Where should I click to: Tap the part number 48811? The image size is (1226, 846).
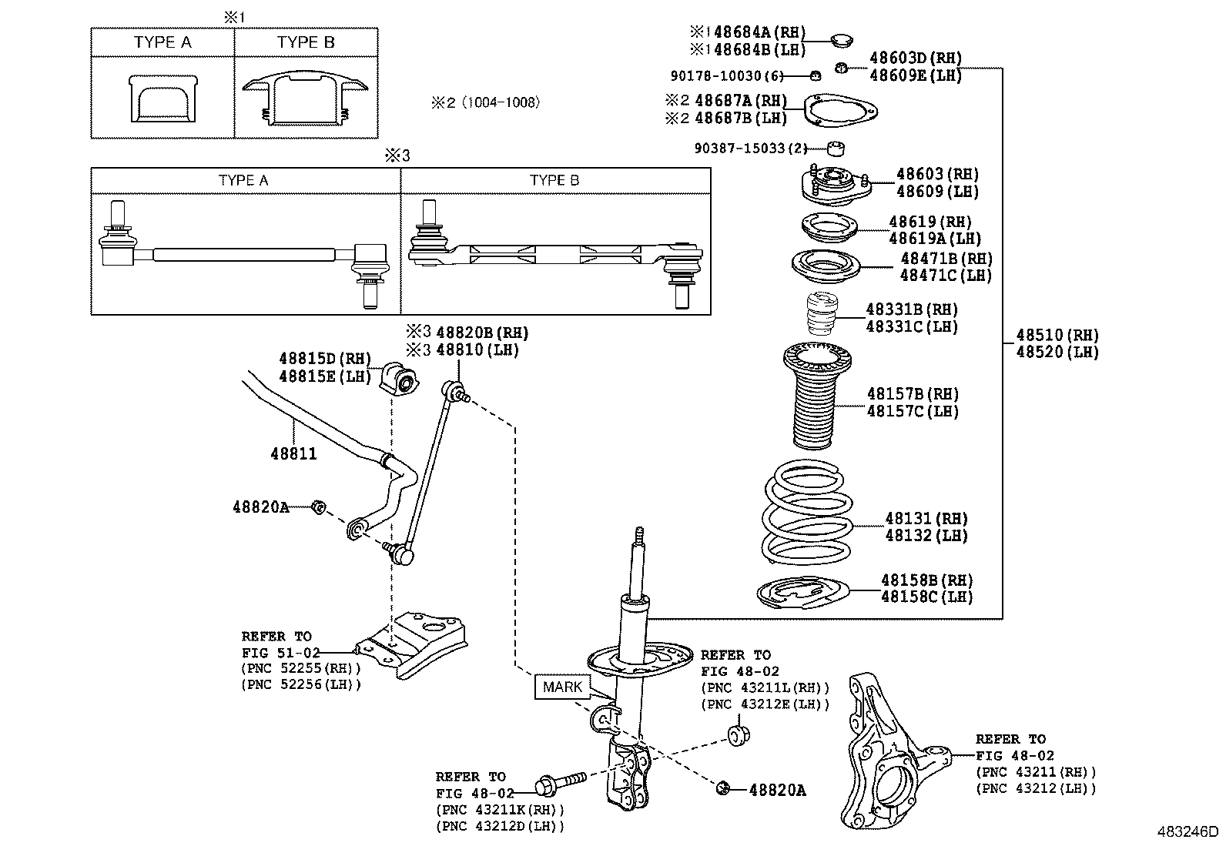[x=293, y=453]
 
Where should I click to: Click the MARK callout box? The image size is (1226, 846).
[x=562, y=687]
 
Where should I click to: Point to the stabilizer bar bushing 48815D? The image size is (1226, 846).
[x=399, y=377]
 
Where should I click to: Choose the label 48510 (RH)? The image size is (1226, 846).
[x=1057, y=335]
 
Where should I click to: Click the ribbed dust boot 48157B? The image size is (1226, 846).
[x=816, y=395]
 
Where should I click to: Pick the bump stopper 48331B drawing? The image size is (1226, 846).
[x=822, y=314]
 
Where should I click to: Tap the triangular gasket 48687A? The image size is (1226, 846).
[x=841, y=110]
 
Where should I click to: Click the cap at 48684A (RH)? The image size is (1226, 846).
[x=841, y=40]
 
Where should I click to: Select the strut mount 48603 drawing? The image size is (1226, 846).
[x=836, y=186]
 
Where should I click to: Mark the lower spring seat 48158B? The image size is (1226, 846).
[x=803, y=592]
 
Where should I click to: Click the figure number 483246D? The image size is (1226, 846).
[x=1187, y=832]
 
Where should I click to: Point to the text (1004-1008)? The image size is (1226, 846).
[x=501, y=102]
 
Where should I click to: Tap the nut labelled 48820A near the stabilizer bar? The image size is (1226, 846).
[x=318, y=507]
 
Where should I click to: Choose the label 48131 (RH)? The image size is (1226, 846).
[x=926, y=518]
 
